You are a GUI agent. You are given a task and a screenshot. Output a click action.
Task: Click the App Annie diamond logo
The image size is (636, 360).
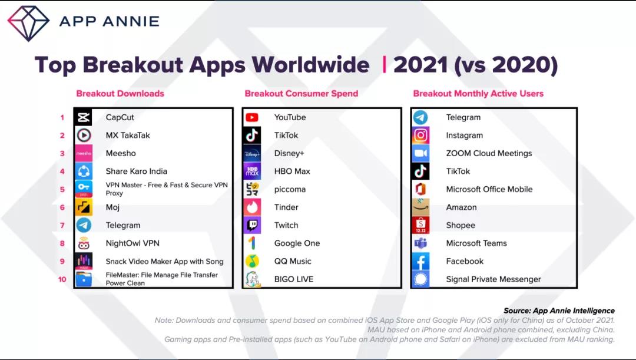pyautogui.click(x=28, y=22)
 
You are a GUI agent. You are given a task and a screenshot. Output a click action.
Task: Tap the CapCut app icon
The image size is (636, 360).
pyautogui.click(x=84, y=117)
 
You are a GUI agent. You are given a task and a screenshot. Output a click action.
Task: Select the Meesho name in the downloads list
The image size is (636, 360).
pyautogui.click(x=121, y=153)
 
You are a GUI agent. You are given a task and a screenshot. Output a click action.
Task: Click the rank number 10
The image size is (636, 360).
pyautogui.click(x=62, y=279)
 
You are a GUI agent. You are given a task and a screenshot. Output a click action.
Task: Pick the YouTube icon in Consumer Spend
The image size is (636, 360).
pyautogui.click(x=252, y=117)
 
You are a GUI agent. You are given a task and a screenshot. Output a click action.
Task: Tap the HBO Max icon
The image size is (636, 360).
pyautogui.click(x=252, y=171)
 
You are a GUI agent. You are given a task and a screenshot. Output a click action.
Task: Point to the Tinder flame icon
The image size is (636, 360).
pyautogui.click(x=252, y=207)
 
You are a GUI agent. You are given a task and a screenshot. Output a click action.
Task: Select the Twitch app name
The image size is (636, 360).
pyautogui.click(x=286, y=225)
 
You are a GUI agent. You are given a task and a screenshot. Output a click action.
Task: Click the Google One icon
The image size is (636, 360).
pyautogui.click(x=252, y=243)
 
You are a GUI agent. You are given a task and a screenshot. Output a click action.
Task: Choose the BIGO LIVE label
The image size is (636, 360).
pyautogui.click(x=294, y=279)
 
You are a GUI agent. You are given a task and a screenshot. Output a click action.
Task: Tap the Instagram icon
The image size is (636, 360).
pyautogui.click(x=420, y=136)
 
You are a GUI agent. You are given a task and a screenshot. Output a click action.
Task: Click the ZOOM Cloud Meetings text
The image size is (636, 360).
pyautogui.click(x=489, y=153)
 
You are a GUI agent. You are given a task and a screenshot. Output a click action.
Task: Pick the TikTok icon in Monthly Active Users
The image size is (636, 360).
pyautogui.click(x=420, y=171)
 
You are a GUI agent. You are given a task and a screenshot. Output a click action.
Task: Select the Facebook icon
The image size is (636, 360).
pyautogui.click(x=420, y=261)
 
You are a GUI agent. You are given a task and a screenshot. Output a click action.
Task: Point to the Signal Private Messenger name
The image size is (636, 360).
pyautogui.click(x=493, y=279)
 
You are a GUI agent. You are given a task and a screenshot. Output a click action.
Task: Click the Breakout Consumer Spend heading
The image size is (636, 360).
pyautogui.click(x=301, y=93)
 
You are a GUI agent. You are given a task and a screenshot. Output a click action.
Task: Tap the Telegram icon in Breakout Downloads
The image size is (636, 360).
pyautogui.click(x=84, y=225)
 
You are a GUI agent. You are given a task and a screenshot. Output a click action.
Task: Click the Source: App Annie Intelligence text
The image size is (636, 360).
pyautogui.click(x=559, y=311)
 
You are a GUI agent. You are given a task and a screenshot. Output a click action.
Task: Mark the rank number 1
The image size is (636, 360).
pyautogui.click(x=62, y=117)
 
